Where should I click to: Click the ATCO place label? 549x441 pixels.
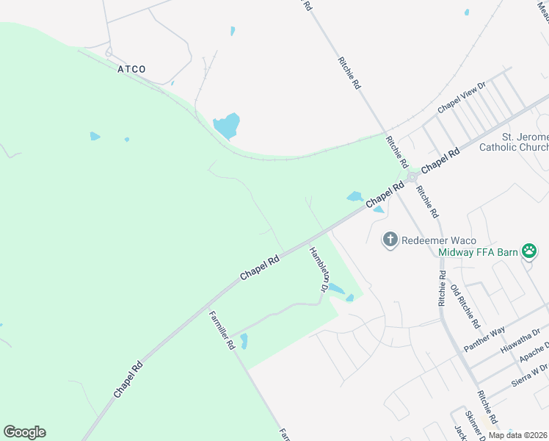(131, 69)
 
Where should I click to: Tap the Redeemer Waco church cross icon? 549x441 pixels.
(390, 240)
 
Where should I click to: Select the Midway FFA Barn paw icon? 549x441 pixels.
(529, 252)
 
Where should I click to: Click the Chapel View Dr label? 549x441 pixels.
(462, 98)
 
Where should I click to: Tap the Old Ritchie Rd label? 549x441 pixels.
(465, 306)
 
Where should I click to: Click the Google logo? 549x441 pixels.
(24, 432)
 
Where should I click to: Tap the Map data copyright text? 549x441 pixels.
(517, 435)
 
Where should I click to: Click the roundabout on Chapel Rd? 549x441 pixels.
(412, 176)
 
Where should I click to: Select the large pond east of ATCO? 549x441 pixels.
(227, 126)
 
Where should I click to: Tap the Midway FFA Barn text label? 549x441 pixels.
(479, 253)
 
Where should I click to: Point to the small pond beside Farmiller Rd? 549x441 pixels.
(244, 341)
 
